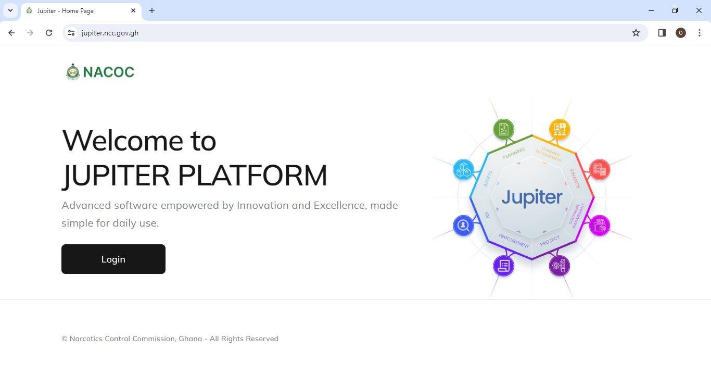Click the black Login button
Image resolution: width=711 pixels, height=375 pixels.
[x=113, y=259]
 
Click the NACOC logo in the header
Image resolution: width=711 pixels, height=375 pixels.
[x=100, y=72]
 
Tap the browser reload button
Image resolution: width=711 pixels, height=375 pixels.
[x=49, y=33]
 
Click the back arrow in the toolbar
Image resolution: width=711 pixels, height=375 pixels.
[x=11, y=33]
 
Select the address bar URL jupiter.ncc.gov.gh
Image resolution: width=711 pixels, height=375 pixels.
[x=110, y=33]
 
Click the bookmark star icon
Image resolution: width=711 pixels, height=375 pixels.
[x=636, y=33]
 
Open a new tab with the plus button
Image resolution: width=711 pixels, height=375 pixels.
[x=152, y=10]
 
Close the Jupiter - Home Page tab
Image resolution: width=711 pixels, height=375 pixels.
[x=133, y=10]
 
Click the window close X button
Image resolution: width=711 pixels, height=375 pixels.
[x=699, y=10]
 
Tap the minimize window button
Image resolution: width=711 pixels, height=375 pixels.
[x=651, y=10]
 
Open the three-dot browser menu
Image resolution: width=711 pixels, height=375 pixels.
[x=699, y=33]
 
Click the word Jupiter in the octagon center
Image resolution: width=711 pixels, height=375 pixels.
[x=531, y=197]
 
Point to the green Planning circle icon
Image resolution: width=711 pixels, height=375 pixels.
[x=503, y=129]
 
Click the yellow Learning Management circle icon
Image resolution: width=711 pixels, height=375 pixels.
[x=560, y=129]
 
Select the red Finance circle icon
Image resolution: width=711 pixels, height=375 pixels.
[x=600, y=170]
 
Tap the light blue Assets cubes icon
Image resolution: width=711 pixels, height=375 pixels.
[x=463, y=170]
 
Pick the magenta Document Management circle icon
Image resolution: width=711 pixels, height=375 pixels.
[x=600, y=226]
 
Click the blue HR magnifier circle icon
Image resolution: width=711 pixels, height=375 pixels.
[x=463, y=226]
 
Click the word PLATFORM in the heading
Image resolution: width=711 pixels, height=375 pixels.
[x=252, y=176]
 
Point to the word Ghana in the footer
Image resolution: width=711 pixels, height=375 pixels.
[x=190, y=339]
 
